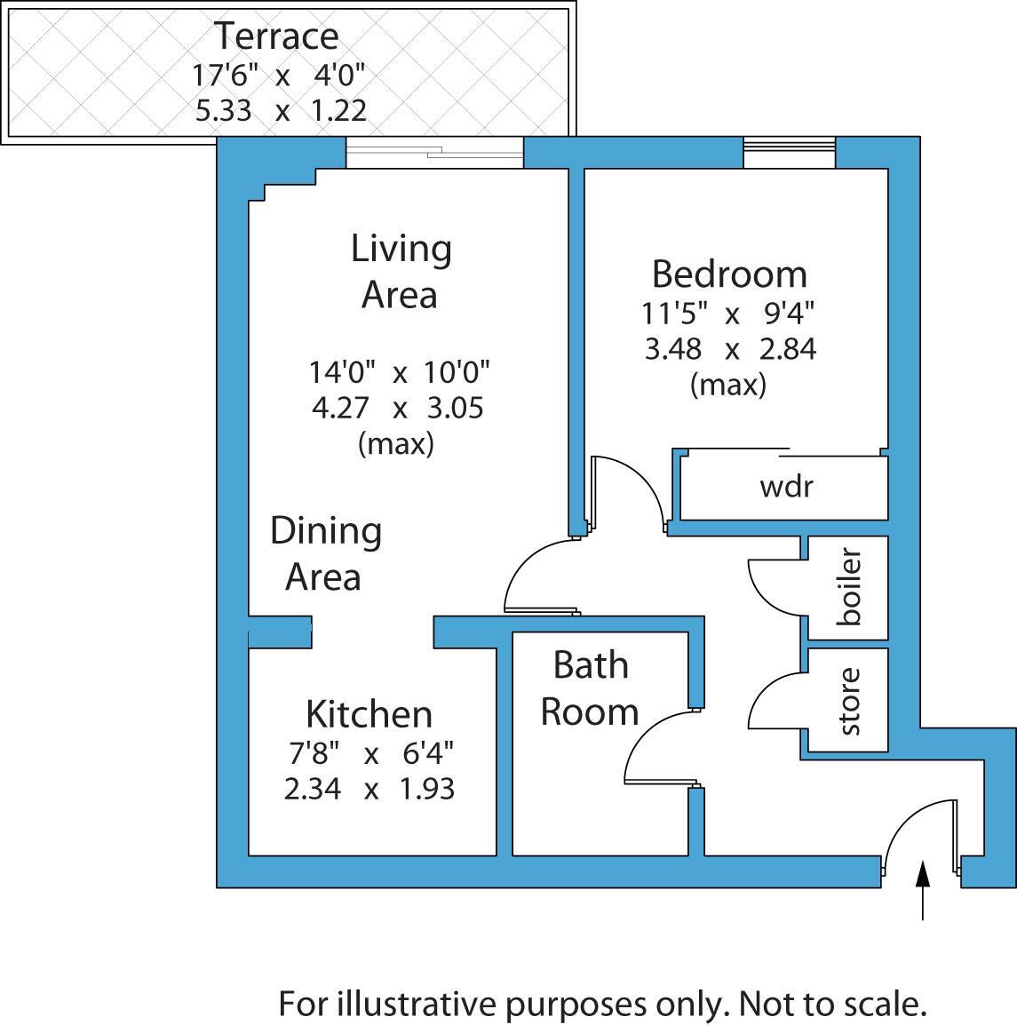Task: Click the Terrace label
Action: [x=277, y=36]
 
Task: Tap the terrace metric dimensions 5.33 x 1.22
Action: [x=280, y=111]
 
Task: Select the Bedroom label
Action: [x=729, y=274]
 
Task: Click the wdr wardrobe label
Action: [x=786, y=487]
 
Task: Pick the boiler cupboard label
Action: [x=849, y=588]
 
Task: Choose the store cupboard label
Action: [x=849, y=702]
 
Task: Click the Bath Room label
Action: [x=590, y=688]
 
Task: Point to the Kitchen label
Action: [x=369, y=714]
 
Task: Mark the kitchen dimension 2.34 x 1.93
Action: [x=369, y=789]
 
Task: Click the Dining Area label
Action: [x=326, y=553]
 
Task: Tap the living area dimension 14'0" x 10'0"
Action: [x=399, y=370]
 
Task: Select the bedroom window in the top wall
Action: [x=790, y=153]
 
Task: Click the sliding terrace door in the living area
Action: [x=434, y=153]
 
